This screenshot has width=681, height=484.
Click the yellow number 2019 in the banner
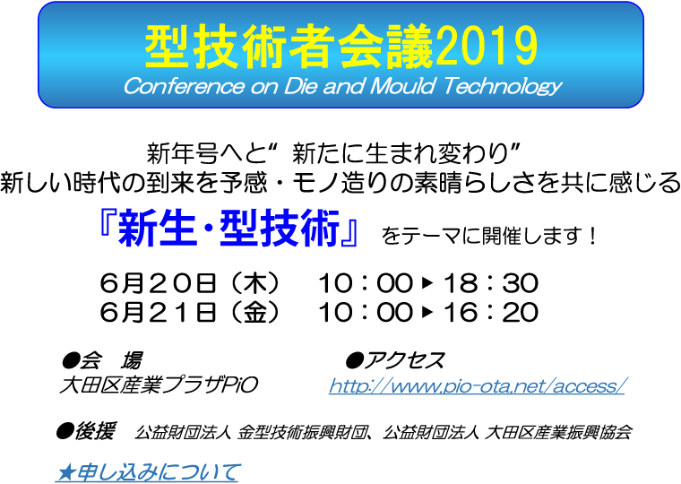486,47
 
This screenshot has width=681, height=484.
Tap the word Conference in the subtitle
184,86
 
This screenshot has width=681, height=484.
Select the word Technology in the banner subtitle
503,87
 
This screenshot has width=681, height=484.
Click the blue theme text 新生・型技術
228,229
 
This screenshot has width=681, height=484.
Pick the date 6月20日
158,283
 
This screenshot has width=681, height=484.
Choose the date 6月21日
158,313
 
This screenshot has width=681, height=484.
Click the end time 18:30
491,283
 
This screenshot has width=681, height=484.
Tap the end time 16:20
491,313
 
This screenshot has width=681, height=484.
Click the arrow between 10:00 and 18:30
427,283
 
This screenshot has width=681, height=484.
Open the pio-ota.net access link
477,385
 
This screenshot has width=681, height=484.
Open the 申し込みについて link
148,472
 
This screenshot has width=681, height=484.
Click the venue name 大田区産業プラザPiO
159,385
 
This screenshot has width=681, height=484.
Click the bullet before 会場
71,360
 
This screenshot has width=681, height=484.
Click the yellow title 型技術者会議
289,47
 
